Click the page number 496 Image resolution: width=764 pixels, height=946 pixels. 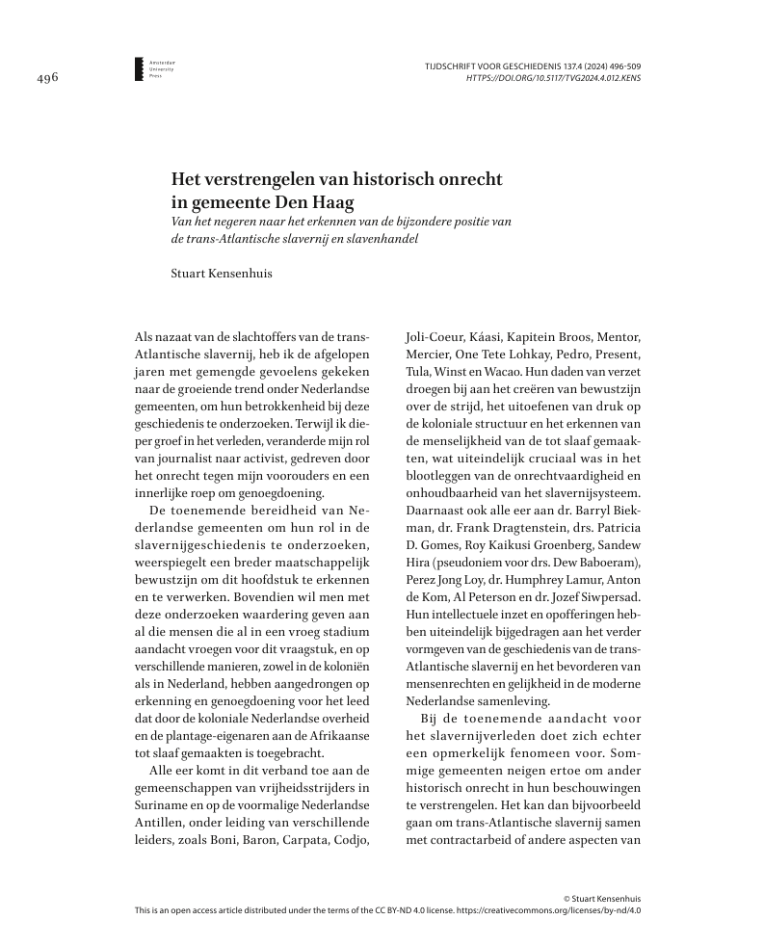46,78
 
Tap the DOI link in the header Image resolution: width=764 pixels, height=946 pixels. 553,78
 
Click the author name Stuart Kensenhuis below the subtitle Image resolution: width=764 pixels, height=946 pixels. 221,274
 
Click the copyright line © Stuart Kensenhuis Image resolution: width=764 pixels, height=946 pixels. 602,897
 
